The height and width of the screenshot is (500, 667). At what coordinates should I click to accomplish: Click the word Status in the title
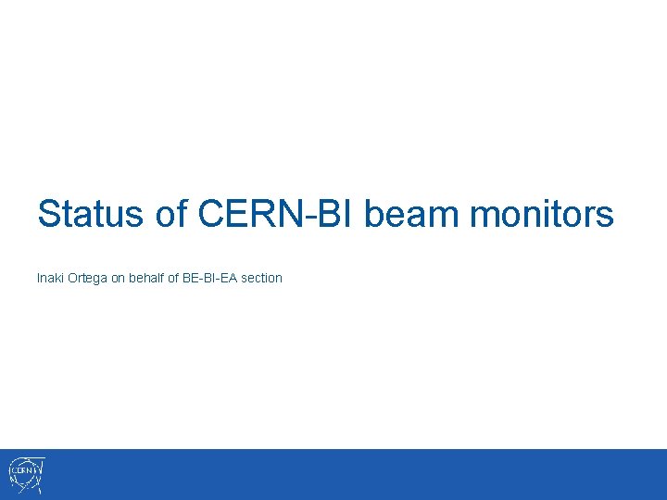(x=92, y=215)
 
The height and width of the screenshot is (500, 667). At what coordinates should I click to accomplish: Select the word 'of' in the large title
(x=171, y=215)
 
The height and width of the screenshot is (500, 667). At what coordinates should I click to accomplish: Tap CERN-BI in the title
(x=277, y=215)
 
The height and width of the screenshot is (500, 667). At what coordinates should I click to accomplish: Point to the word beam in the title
(x=412, y=215)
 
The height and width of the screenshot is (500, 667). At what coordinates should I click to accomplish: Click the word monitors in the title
(x=542, y=215)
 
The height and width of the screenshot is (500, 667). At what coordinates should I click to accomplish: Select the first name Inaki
(x=50, y=278)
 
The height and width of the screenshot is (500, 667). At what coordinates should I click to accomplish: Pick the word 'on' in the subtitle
(x=119, y=278)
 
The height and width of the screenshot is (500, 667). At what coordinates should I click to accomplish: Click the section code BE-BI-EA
(x=211, y=278)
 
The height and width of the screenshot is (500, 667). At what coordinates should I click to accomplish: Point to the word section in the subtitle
(x=262, y=278)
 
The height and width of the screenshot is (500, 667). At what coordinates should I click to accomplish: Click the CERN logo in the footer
(x=26, y=474)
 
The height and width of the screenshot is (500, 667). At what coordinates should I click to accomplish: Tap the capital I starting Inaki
(x=38, y=278)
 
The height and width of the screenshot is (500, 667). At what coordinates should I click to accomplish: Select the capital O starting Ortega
(x=73, y=278)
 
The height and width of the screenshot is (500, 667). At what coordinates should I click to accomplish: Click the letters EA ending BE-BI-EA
(x=230, y=278)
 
